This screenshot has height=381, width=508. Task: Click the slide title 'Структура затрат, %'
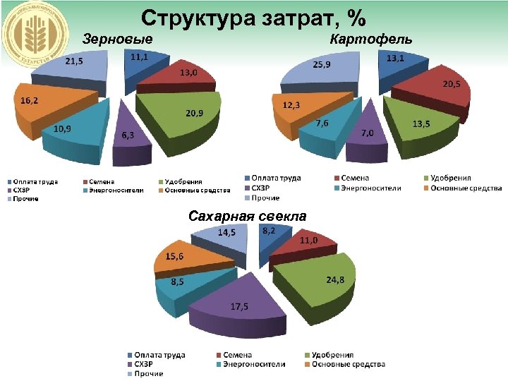tap(253, 16)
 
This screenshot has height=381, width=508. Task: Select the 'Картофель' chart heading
tap(371, 38)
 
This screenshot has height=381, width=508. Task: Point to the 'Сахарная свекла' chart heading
tap(248, 217)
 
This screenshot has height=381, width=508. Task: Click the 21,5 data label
tap(74, 61)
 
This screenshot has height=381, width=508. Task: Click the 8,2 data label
tap(269, 231)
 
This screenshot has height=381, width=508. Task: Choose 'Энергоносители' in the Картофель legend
tap(371, 188)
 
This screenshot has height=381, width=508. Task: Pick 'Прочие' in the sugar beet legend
tap(148, 373)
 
